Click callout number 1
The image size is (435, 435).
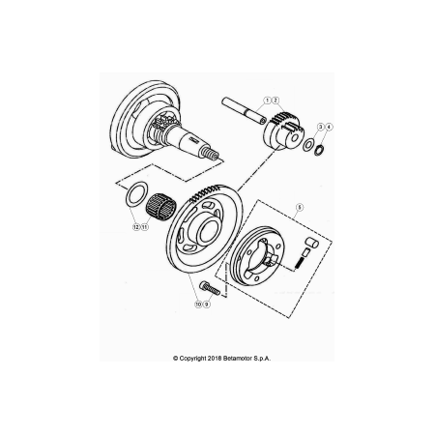tap(267, 101)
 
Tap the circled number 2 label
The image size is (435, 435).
tap(275, 101)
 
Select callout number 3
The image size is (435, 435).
tap(321, 127)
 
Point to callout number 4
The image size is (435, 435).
tap(329, 127)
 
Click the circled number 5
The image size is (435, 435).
tap(300, 207)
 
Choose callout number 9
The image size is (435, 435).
tap(207, 304)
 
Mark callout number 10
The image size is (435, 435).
tap(198, 304)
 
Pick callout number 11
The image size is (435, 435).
tap(145, 227)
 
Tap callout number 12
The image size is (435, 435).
tap(136, 227)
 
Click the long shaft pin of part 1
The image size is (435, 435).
tap(244, 110)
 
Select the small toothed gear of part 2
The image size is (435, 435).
tap(282, 131)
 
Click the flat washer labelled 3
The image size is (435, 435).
tap(307, 145)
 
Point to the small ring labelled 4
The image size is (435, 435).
tap(319, 150)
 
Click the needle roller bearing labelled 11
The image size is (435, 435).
tap(159, 205)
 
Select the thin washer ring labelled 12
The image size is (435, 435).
tap(136, 193)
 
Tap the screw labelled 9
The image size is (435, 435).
tap(210, 288)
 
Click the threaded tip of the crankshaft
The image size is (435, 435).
tap(211, 155)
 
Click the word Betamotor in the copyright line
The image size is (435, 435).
tap(238, 359)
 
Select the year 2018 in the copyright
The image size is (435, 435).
tap(214, 359)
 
